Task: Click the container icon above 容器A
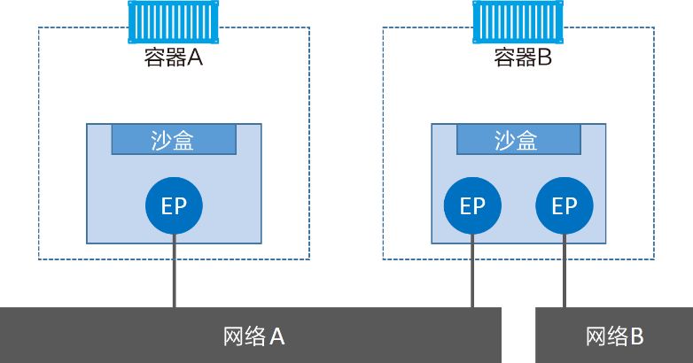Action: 174,21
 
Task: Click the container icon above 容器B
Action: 518,21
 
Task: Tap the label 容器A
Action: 173,58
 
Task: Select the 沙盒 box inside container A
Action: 174,140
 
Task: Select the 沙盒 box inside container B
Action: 518,140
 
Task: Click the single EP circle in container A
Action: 174,206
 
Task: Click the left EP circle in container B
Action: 472,206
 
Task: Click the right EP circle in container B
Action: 564,206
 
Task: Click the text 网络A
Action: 253,336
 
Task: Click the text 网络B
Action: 614,336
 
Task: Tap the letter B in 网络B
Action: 635,336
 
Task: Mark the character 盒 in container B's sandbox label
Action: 528,140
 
